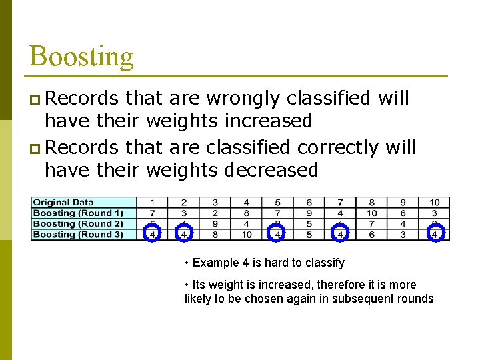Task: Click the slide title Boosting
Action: [81, 56]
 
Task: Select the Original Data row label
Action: [63, 203]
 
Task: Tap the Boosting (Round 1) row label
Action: [78, 213]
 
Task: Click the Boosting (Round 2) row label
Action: [78, 224]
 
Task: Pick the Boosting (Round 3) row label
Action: [78, 235]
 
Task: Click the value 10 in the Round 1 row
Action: [372, 213]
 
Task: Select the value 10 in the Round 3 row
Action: [247, 235]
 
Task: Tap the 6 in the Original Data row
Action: [309, 203]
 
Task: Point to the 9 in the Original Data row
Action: [403, 203]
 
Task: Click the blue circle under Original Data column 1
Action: [153, 233]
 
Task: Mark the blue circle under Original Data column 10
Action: [435, 233]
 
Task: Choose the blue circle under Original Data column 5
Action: [277, 233]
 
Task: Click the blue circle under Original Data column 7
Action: [340, 233]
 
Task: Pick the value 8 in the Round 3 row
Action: [215, 235]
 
